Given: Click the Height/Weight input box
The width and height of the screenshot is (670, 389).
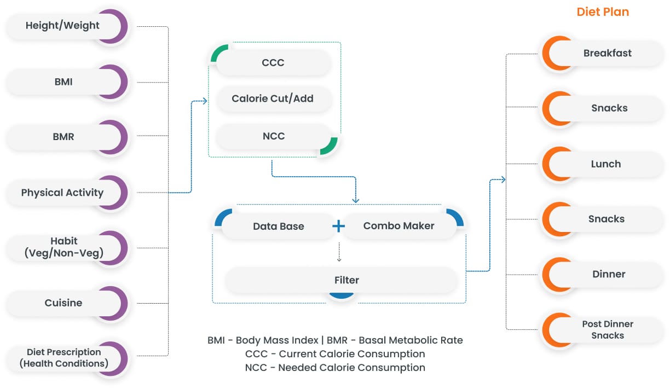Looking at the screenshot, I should coord(63,26).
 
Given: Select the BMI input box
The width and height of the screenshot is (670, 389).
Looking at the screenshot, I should coord(63,82).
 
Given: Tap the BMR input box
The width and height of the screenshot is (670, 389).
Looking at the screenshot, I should coord(63,137).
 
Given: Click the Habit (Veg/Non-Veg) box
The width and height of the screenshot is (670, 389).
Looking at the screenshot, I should coord(63,247).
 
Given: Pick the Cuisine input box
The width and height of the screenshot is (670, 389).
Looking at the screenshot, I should coord(63,303).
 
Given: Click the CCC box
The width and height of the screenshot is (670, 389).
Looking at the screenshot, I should coord(273,62).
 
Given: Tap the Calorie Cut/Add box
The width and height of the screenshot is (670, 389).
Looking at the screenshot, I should coord(273,99).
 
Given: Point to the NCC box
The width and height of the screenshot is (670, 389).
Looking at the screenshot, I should coord(273,136).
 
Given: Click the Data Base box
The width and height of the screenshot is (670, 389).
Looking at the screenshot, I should coord(278,226).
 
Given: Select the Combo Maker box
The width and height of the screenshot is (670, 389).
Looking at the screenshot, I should coord(398,226).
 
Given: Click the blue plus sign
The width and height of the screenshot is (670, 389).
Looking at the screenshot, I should coord(339,226).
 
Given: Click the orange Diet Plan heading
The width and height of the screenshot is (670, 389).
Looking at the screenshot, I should coord(603,12).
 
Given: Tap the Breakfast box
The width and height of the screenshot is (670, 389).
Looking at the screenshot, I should coord(607,53).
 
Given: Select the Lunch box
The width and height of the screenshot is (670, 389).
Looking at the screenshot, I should coord(605,164).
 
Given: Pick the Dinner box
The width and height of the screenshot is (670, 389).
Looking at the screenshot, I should coord(608,274).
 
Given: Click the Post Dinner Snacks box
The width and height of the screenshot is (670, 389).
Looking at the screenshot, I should coord(607,329).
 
